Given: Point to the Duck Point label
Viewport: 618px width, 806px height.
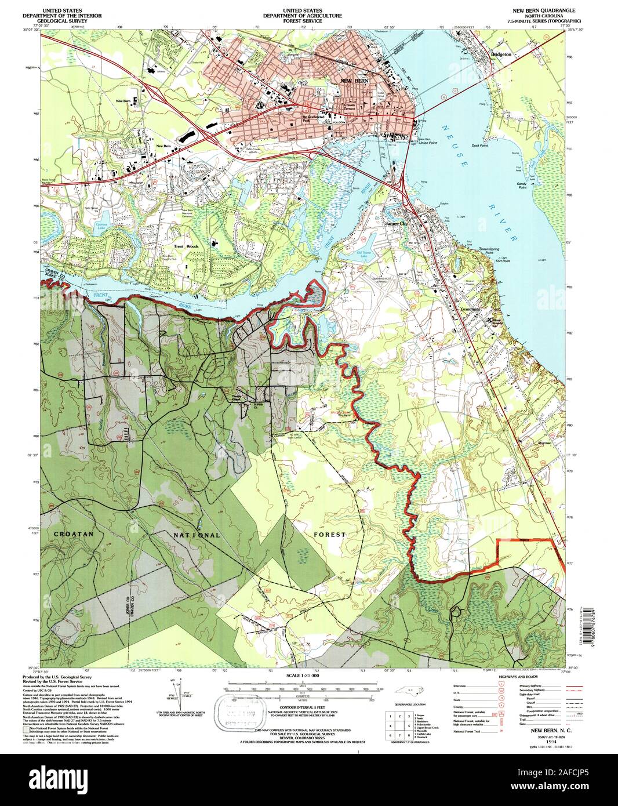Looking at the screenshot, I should click(x=479, y=146).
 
